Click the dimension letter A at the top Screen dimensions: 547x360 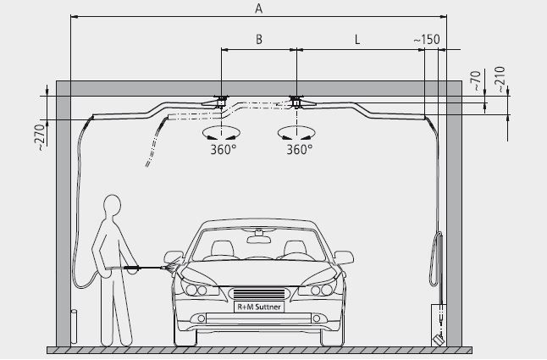coord(258,8)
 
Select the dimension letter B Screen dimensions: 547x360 coord(259,40)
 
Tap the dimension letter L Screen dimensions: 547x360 coord(357,40)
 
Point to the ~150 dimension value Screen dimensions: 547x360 coord(427,40)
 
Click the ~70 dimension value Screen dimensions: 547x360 coord(476,80)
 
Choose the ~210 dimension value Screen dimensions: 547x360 coord(500,79)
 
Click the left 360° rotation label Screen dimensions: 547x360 coord(224,150)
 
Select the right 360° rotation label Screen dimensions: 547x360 coord(299,150)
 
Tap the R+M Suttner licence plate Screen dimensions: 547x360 coord(259,307)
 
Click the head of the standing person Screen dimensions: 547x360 coord(113,206)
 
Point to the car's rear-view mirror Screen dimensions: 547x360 coord(259,239)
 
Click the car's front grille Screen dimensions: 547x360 coord(259,294)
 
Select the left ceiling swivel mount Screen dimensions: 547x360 coord(221,102)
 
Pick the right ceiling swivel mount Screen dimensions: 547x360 coord(296,102)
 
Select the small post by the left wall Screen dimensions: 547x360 coord(74,327)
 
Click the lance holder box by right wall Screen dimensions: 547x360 coord(439,325)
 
